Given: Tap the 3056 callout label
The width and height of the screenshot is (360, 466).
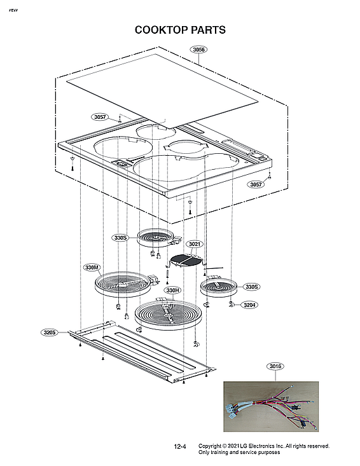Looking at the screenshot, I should [199, 50].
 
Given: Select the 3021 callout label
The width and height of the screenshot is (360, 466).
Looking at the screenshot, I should [195, 244].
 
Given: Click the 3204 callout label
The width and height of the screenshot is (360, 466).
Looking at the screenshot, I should [249, 305].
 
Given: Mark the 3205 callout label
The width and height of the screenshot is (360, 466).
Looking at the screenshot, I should [50, 332].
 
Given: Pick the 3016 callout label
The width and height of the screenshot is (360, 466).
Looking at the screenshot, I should [275, 366].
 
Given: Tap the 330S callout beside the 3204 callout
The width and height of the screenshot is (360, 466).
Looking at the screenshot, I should [252, 287].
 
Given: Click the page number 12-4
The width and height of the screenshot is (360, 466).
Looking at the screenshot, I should [180, 447].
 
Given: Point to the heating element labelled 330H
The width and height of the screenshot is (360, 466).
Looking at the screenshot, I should [167, 314].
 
